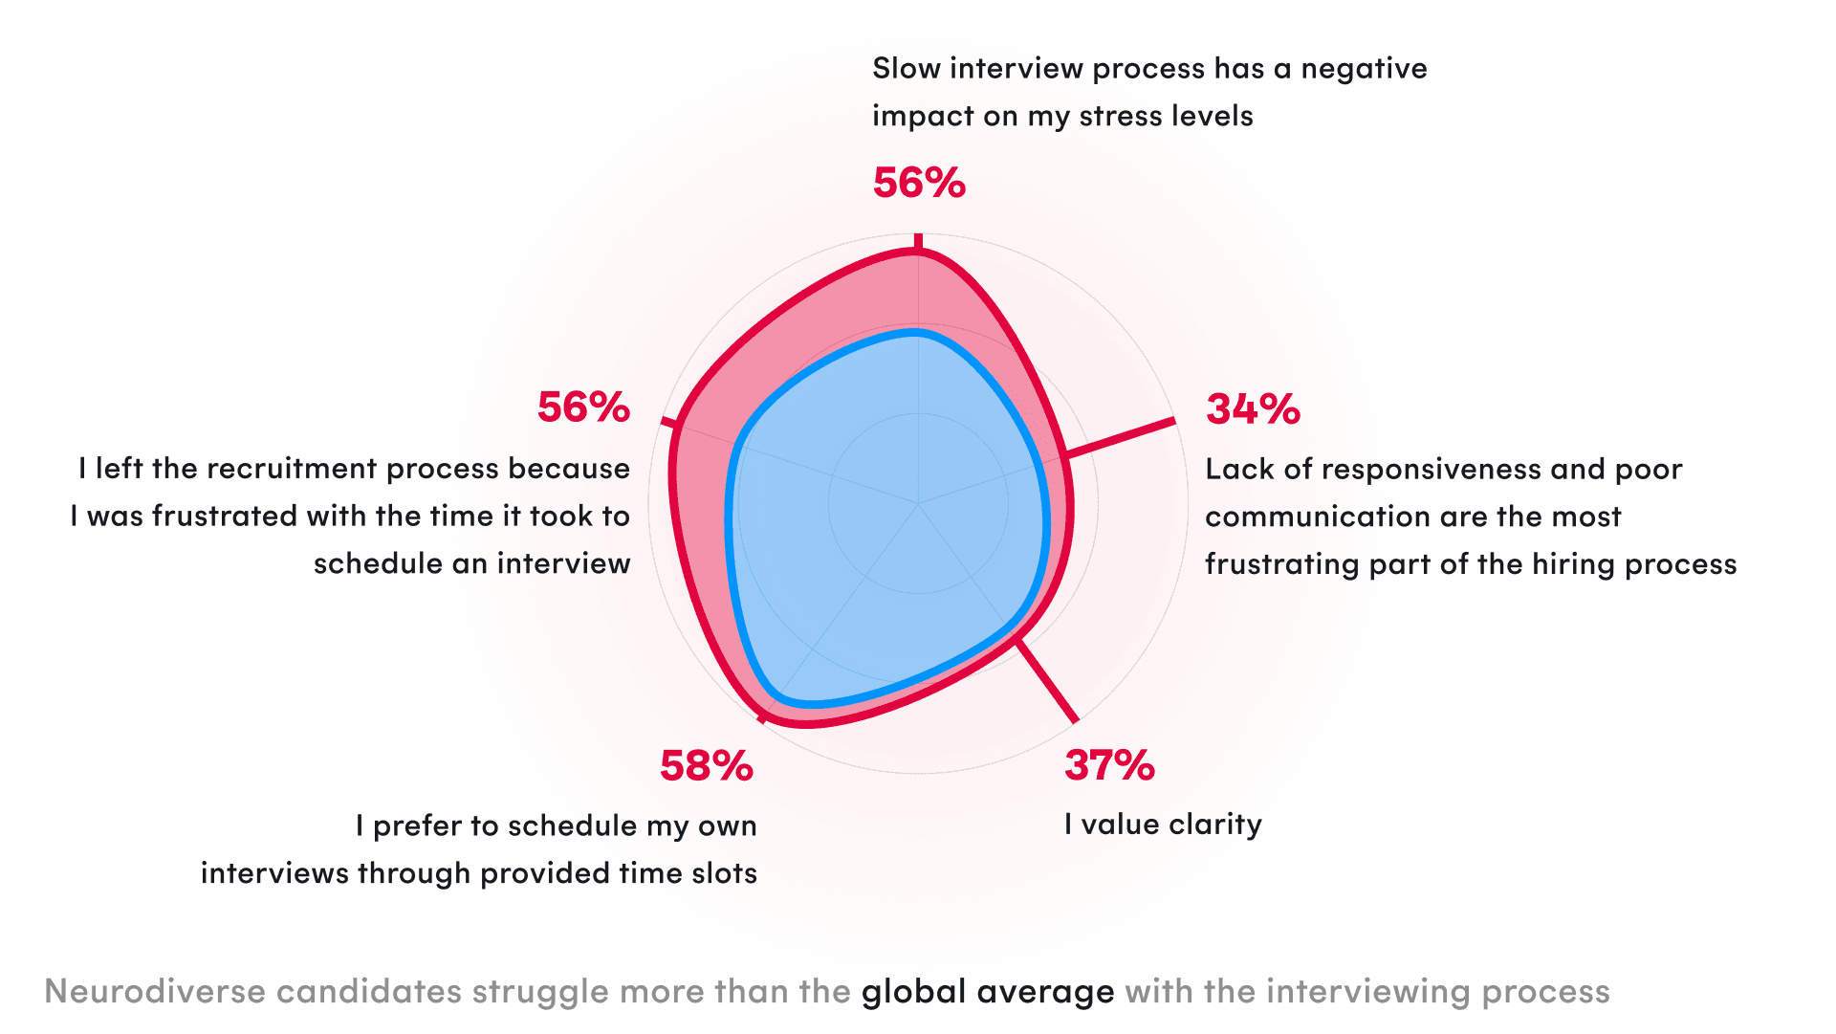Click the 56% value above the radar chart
(x=919, y=183)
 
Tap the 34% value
(x=1253, y=409)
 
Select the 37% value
(x=1109, y=765)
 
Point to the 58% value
(x=707, y=766)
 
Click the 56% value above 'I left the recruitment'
(x=583, y=407)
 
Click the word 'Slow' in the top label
(x=907, y=69)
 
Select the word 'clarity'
(x=1215, y=825)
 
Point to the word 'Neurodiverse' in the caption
(x=155, y=992)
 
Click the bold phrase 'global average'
(x=988, y=992)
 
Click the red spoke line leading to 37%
(x=1047, y=680)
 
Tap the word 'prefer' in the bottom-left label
(x=417, y=826)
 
